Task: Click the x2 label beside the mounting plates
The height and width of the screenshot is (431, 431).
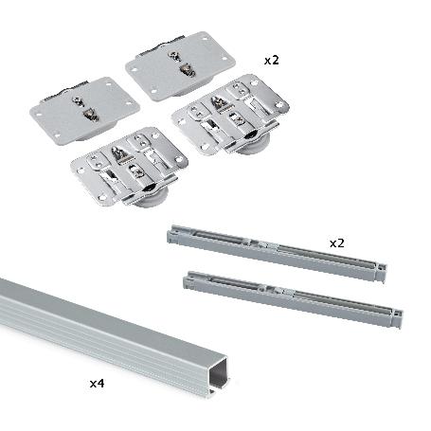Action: [271, 60]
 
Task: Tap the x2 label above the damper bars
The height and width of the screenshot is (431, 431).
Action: [336, 243]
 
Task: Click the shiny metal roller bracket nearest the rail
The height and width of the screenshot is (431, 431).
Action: [130, 169]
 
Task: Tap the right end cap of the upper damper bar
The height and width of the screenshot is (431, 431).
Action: [379, 273]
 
